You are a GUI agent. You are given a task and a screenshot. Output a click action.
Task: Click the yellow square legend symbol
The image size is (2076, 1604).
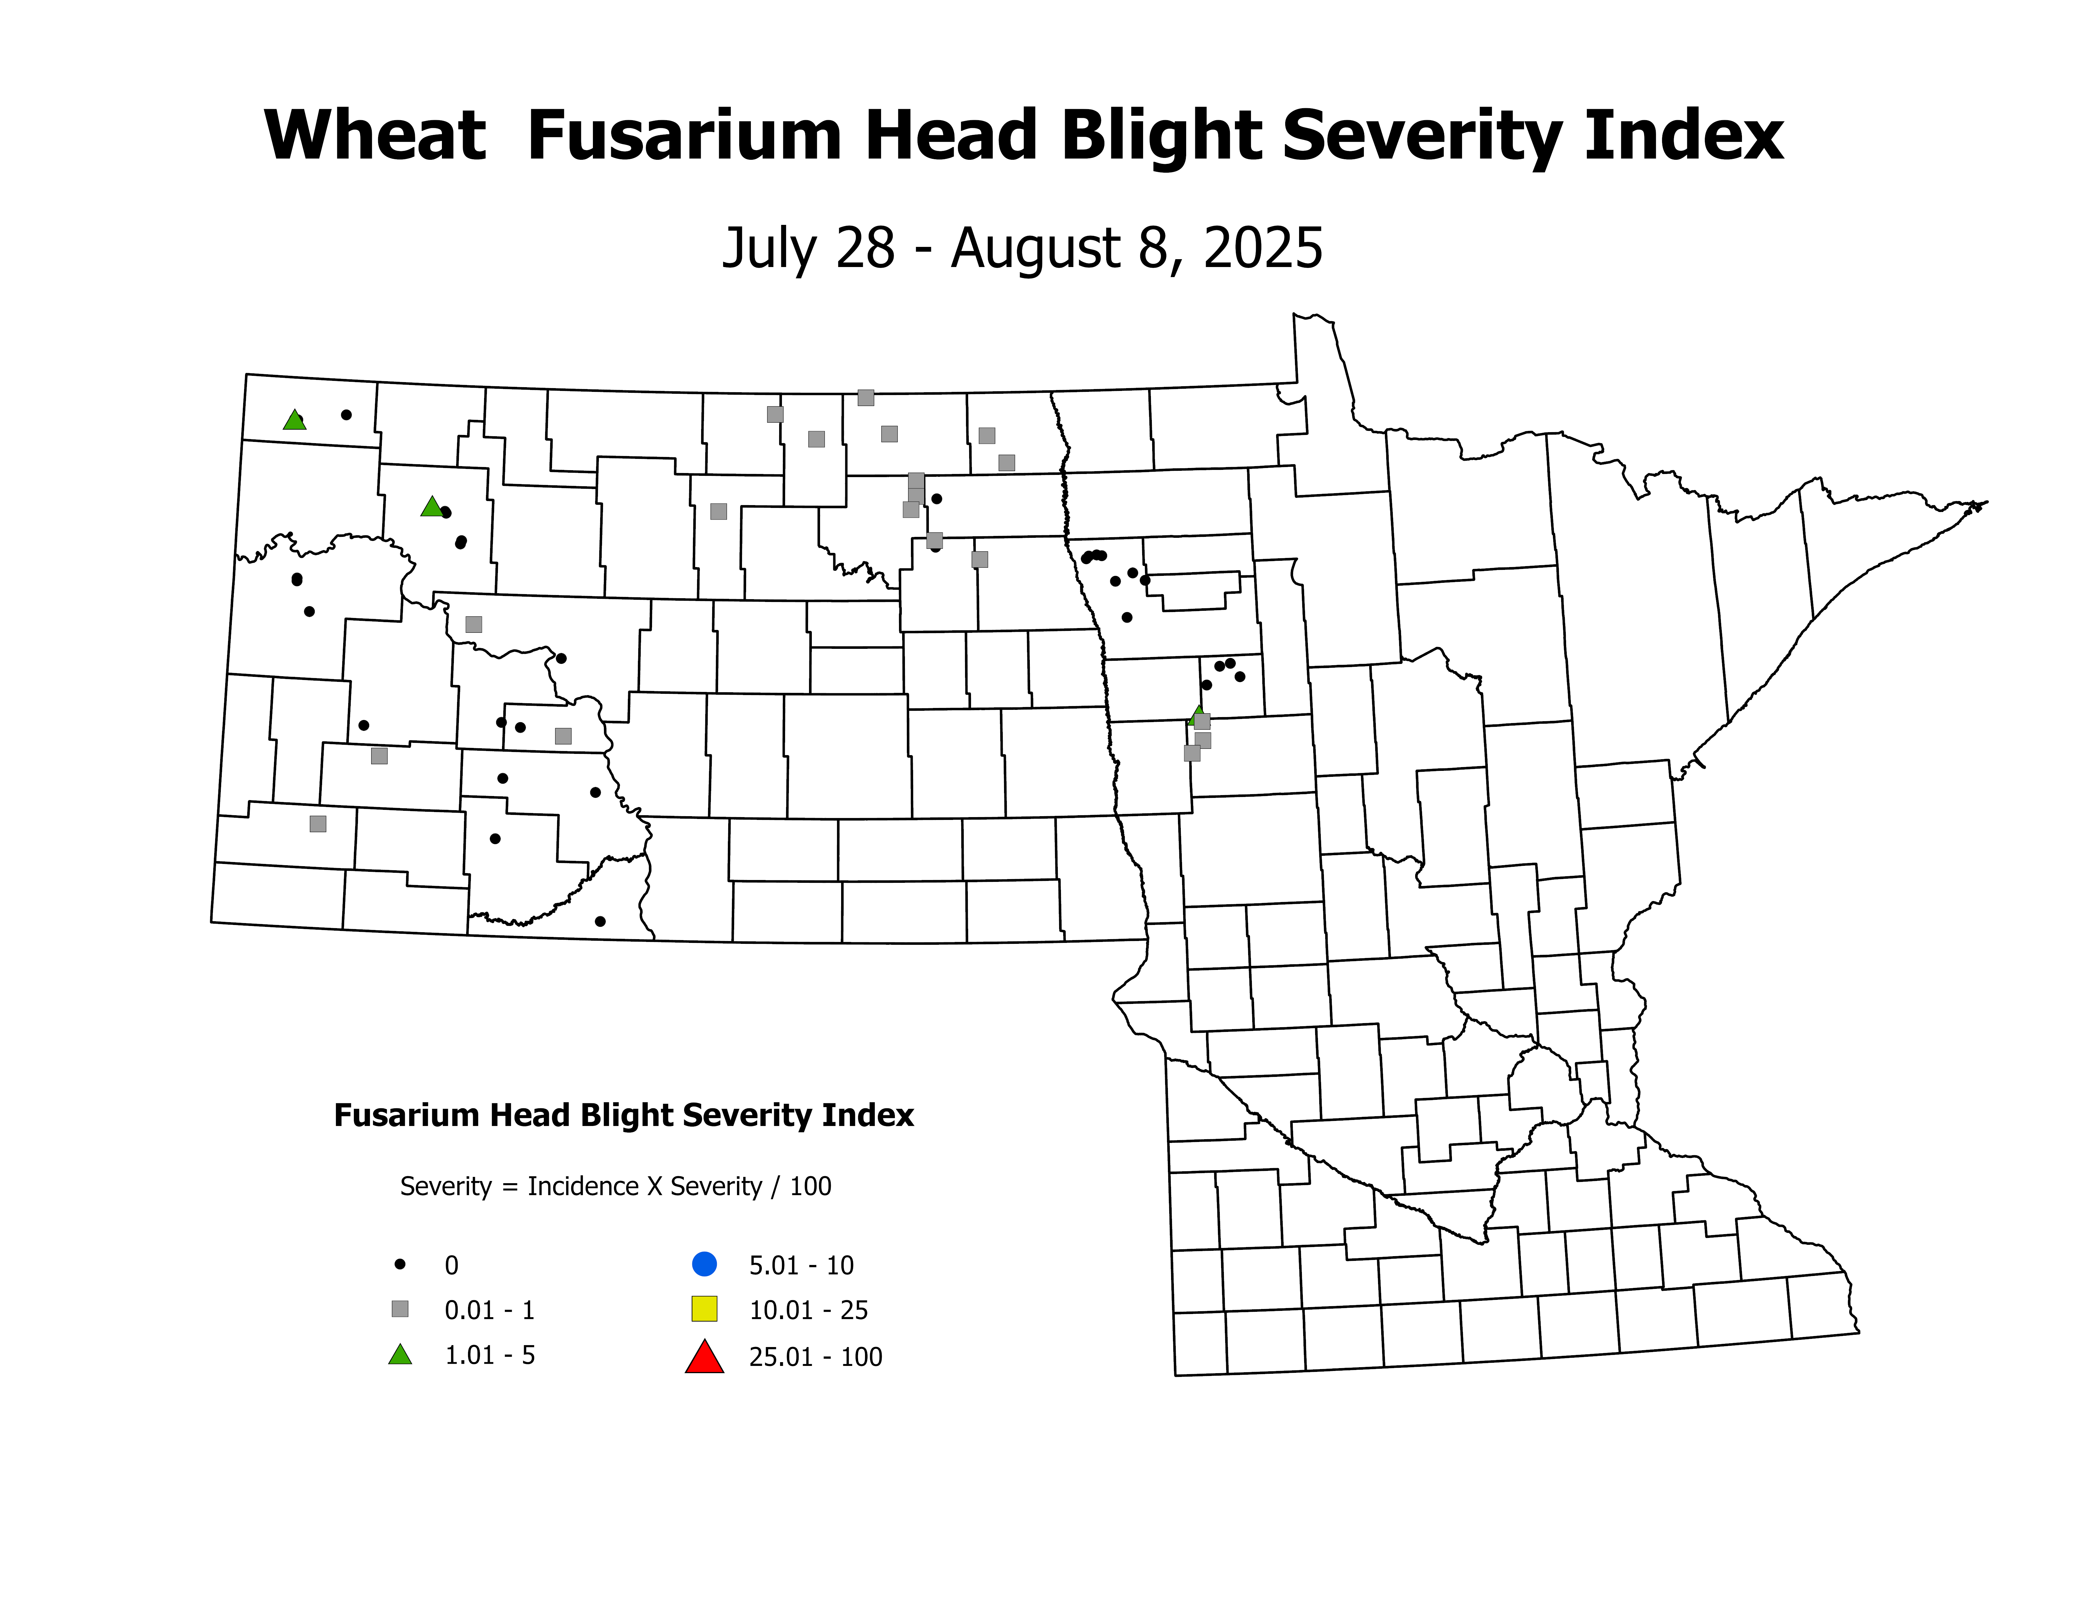(704, 1309)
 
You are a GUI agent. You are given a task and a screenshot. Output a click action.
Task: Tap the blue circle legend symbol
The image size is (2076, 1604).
(704, 1265)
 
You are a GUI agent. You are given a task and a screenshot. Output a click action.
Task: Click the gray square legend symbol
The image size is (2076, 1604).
(400, 1309)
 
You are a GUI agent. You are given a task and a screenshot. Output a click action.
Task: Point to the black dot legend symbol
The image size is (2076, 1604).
(400, 1265)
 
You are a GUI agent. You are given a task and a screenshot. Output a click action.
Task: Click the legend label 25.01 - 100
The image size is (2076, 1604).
(816, 1357)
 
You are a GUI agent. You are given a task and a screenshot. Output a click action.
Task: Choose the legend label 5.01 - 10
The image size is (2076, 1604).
(801, 1266)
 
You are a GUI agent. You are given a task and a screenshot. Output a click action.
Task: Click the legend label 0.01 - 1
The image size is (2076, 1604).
(489, 1310)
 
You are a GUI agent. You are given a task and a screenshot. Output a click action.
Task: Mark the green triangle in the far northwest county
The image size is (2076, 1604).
(295, 420)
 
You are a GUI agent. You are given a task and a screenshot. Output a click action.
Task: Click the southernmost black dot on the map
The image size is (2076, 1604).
(600, 922)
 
